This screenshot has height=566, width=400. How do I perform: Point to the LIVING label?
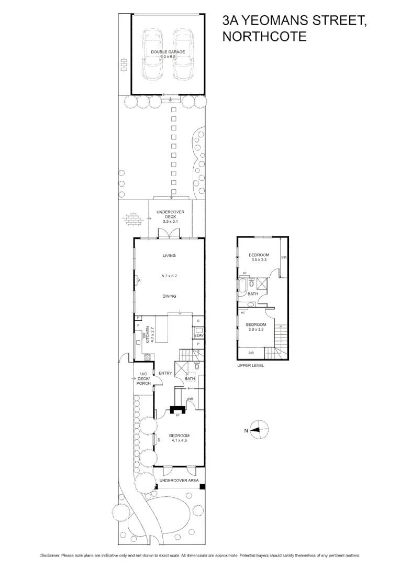tap(169, 256)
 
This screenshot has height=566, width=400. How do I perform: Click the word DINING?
tap(169, 296)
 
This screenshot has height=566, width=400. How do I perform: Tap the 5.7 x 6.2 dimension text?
tap(169, 276)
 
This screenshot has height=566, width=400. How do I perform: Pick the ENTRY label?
tap(165, 373)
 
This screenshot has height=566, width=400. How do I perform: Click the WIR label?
tap(190, 399)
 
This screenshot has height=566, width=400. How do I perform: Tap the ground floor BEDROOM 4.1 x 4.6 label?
tap(179, 438)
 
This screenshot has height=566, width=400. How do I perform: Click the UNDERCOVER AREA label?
tap(177, 480)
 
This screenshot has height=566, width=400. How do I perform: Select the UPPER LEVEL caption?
tap(251, 365)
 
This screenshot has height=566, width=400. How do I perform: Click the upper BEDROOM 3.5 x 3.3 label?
tap(259, 257)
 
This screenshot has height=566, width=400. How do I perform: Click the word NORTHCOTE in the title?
tap(264, 37)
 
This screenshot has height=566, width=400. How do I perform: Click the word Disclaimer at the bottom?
tap(50, 556)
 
